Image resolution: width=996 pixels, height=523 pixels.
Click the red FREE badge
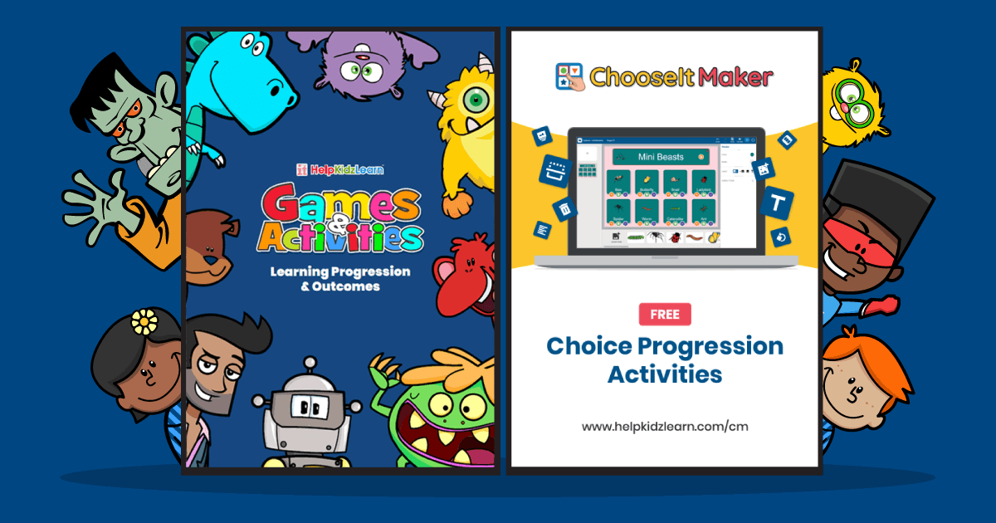click(665, 315)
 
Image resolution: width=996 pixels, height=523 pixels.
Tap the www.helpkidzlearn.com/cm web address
click(665, 426)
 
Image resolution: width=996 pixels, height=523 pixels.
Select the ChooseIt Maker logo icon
click(569, 76)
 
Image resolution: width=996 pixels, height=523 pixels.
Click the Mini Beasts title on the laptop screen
click(661, 156)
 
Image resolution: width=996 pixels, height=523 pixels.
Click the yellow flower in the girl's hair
click(144, 320)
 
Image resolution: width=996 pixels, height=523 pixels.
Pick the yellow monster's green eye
click(474, 100)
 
